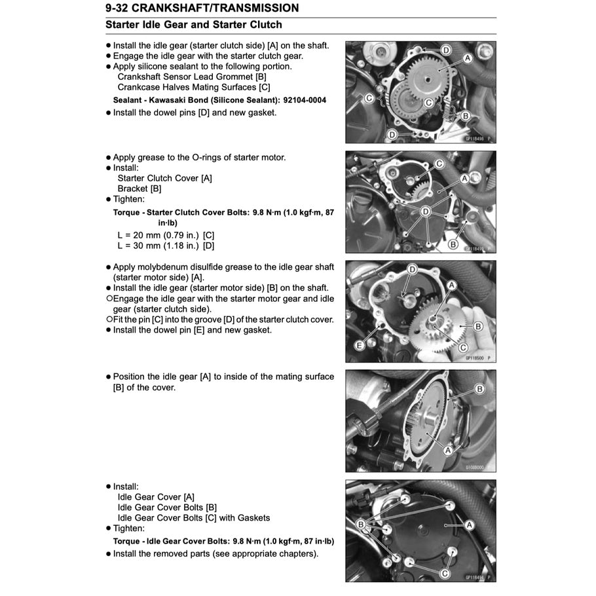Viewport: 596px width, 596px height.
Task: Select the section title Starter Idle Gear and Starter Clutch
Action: (x=193, y=25)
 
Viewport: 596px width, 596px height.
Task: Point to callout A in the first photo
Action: (x=468, y=58)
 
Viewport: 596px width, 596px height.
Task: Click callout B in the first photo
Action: (x=466, y=116)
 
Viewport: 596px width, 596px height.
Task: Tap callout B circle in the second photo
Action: (x=453, y=244)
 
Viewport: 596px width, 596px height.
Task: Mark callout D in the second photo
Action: (x=426, y=212)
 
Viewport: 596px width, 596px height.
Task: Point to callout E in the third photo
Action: (x=360, y=345)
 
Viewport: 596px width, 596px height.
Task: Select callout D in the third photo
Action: (x=413, y=269)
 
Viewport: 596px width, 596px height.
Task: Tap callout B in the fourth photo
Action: (x=479, y=389)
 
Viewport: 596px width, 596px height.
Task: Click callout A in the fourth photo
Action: (x=449, y=450)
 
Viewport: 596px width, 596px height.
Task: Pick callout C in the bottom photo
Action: (x=445, y=572)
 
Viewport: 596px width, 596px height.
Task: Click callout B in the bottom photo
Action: (x=360, y=525)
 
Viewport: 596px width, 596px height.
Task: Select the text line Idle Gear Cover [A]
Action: (x=156, y=497)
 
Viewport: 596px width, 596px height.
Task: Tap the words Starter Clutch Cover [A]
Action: (x=164, y=178)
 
